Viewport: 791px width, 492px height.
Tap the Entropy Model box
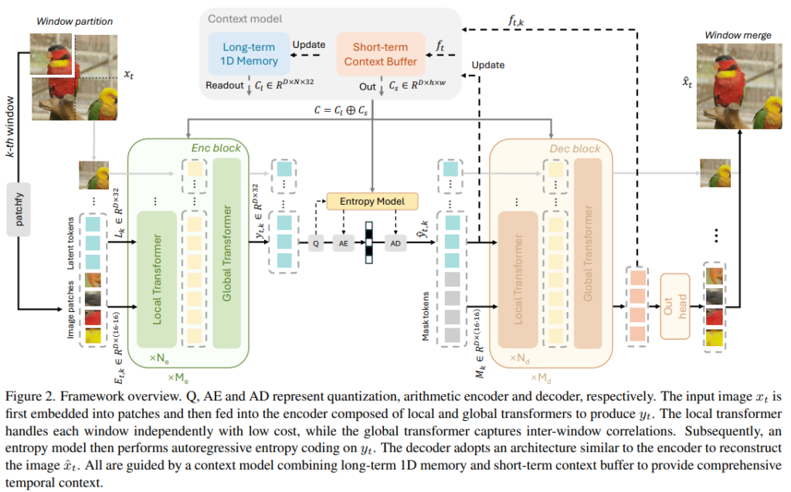tap(372, 202)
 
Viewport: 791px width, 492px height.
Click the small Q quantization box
tap(315, 243)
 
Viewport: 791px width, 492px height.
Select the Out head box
tap(674, 306)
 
